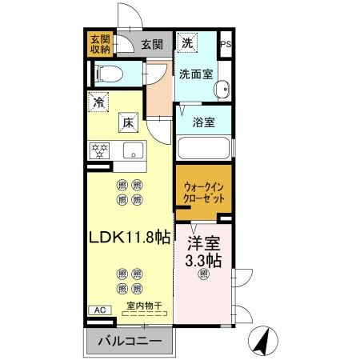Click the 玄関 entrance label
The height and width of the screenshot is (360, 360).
[152, 45]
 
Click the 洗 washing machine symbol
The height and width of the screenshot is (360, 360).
[187, 43]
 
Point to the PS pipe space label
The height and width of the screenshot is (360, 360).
[226, 45]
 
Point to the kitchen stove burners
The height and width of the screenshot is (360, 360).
[101, 149]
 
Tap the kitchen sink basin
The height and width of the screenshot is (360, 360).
[131, 149]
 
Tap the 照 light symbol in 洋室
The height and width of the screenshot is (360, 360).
[203, 274]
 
